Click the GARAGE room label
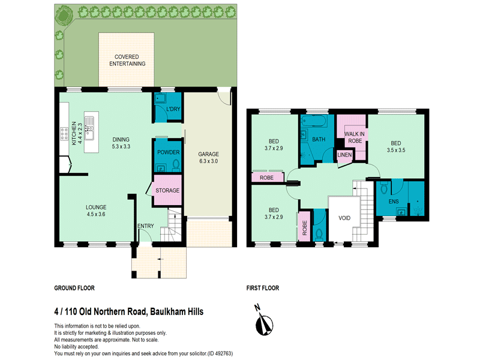(x=208, y=154)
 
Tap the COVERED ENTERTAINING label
(x=127, y=61)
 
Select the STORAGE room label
(x=167, y=190)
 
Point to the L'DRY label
(x=173, y=109)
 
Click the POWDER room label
(x=169, y=152)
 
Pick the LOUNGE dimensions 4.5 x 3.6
(x=96, y=214)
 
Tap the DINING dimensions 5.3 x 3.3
(x=121, y=146)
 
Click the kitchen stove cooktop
(x=64, y=134)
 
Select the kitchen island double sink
(x=89, y=128)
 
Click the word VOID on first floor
(x=344, y=218)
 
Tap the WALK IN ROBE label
(x=355, y=137)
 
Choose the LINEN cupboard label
(x=344, y=155)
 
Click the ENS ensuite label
(x=394, y=202)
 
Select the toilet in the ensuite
(x=384, y=188)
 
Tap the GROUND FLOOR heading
(x=74, y=288)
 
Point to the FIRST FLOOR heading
(x=263, y=288)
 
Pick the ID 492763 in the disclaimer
(x=220, y=353)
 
